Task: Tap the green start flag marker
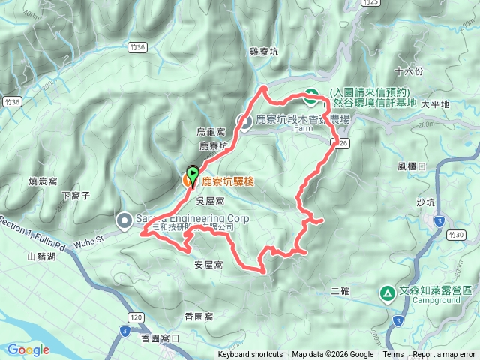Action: pos(193,175)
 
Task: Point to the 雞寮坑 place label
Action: pos(263,52)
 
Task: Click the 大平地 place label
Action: pos(435,104)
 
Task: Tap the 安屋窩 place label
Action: pos(208,265)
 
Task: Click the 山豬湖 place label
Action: pos(41,256)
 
